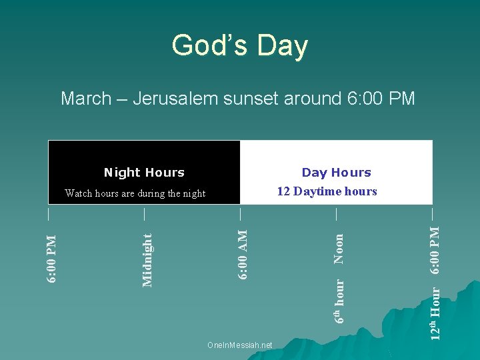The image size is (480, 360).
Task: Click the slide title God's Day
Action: pos(239,46)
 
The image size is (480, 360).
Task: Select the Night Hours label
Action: pos(144,173)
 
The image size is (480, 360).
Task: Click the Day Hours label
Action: pos(336,173)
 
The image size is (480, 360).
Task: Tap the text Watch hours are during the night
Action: pos(135,193)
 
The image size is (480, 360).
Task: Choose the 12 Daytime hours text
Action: pos(327,192)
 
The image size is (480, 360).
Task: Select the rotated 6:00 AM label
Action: pos(243,255)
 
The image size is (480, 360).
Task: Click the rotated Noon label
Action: pos(339,247)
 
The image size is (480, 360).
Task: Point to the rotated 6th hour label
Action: pos(339,301)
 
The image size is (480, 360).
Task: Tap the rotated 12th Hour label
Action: pos(435,313)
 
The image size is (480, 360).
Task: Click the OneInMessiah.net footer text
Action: pos(240,345)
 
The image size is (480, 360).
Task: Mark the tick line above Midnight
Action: pos(144,213)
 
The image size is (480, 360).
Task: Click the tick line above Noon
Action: pos(336,213)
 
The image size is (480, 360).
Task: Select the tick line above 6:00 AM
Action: pos(240,213)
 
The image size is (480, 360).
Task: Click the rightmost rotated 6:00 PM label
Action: pos(435,250)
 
